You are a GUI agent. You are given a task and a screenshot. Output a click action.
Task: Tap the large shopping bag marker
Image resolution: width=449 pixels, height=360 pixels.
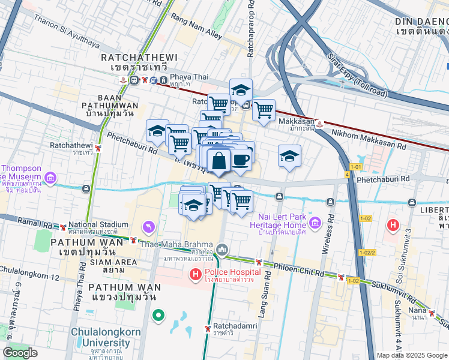(x=220, y=161)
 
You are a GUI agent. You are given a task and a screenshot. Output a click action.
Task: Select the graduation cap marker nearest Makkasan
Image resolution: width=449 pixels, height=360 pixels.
(x=289, y=156)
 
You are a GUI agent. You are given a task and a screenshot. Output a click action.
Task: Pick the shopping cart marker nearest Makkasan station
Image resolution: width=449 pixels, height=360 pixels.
(x=264, y=110)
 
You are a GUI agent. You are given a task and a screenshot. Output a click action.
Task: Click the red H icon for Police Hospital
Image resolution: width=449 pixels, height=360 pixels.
(x=195, y=275)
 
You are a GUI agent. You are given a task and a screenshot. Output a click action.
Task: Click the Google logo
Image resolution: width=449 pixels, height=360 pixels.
(x=20, y=353)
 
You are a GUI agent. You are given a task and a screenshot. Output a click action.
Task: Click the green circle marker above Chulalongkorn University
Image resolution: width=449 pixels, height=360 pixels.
(x=158, y=314)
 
